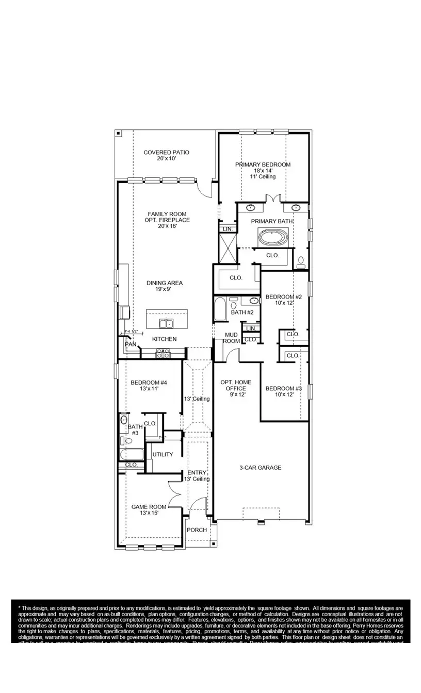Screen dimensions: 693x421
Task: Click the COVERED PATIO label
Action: click(166, 153)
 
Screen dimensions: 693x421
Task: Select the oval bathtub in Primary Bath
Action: click(274, 238)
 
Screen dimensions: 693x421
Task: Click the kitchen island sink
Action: click(167, 323)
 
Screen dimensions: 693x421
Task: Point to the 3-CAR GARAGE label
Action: click(260, 468)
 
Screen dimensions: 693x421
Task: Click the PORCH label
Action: click(197, 530)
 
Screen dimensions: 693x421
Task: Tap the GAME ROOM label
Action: click(148, 507)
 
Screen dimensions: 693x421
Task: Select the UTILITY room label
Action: click(163, 454)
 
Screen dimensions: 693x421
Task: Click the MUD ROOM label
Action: click(231, 338)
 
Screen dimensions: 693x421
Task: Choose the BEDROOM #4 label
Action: click(149, 383)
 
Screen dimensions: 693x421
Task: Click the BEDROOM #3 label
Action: click(283, 388)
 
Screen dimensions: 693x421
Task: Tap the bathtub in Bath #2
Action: click(219, 309)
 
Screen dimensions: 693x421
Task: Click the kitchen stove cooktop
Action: click(164, 354)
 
